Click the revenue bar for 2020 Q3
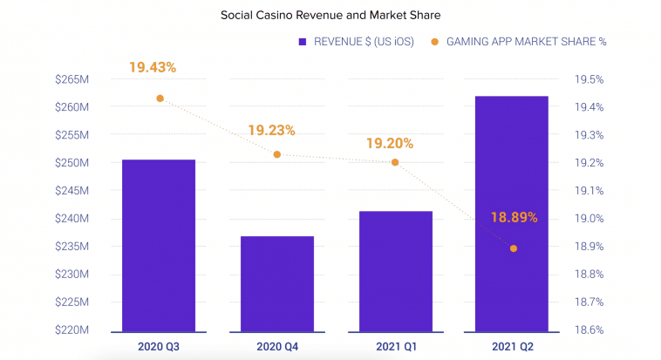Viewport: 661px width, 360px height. coord(159,246)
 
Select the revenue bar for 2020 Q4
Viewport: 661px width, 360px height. coord(277,284)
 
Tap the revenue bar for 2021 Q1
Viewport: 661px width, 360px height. coord(395,272)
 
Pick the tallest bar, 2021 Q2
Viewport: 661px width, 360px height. coord(513,214)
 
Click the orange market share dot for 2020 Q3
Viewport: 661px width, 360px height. coord(160,98)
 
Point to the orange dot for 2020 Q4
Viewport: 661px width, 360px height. coord(277,154)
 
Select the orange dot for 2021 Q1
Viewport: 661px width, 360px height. coord(395,162)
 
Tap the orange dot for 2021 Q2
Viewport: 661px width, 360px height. coord(514,248)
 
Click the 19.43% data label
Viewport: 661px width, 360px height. coord(153,67)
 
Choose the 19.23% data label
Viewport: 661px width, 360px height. coord(271,131)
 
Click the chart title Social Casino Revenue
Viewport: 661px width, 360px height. coord(330,15)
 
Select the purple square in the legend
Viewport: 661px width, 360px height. coord(302,41)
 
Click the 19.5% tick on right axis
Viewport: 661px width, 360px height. coord(589,80)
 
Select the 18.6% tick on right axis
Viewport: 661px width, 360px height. coord(589,330)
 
